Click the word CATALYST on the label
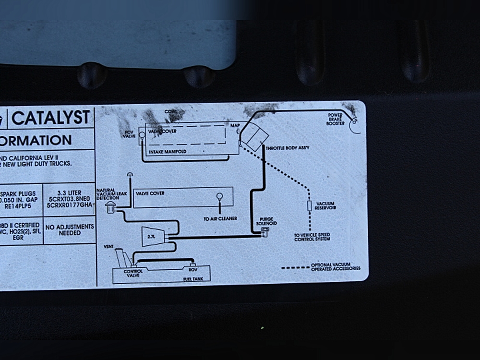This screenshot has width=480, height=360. click(51, 118)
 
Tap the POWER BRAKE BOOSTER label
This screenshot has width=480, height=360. click(336, 119)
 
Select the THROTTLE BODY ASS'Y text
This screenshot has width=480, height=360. click(287, 148)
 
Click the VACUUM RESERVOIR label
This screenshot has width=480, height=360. click(326, 205)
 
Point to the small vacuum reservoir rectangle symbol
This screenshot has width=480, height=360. click(309, 206)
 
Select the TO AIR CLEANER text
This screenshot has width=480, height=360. click(220, 219)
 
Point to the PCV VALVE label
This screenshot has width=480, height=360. click(129, 133)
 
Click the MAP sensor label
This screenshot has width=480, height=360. click(235, 126)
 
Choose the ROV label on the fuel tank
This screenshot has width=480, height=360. click(193, 270)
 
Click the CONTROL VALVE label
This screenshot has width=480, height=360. click(133, 274)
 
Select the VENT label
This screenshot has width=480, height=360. click(108, 246)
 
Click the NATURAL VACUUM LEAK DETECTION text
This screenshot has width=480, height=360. click(108, 194)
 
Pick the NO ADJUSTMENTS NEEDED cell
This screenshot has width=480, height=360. click(70, 229)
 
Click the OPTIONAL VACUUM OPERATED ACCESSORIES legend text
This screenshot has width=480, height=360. click(335, 266)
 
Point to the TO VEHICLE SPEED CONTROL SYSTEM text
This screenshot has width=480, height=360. click(312, 237)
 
